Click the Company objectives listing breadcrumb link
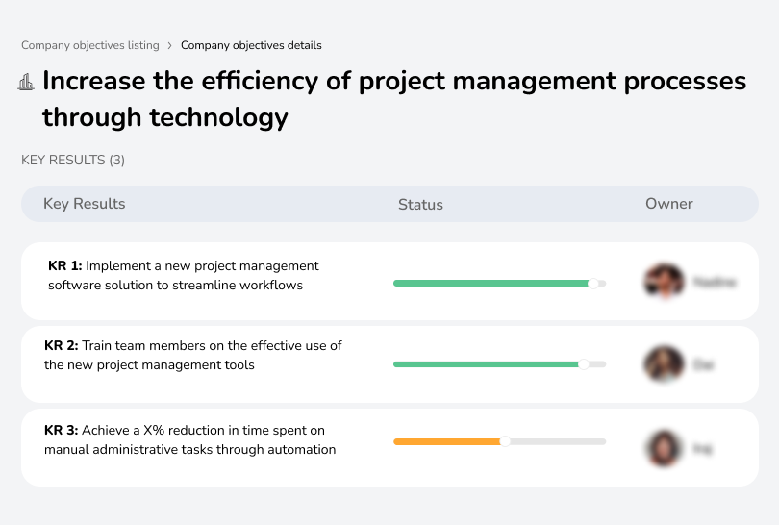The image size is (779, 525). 90,45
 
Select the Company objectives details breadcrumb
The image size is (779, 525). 251,45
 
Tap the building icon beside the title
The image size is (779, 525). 26,83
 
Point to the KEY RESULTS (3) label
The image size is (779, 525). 73,160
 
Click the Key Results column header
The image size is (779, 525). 84,204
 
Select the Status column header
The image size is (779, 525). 420,204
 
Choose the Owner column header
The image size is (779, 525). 668,204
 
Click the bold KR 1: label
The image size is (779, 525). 65,265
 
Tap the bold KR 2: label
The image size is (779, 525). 62,345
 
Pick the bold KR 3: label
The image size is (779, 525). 62,430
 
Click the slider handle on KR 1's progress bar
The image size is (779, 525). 593,283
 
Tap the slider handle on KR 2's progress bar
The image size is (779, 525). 583,364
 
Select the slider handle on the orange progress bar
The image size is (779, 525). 505,441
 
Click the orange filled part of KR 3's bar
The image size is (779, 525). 447,441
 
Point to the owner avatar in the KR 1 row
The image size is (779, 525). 664,282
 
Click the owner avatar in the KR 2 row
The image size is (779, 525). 664,364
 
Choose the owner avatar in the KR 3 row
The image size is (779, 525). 664,448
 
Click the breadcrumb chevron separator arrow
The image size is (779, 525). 170,45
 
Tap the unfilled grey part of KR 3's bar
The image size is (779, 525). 558,441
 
